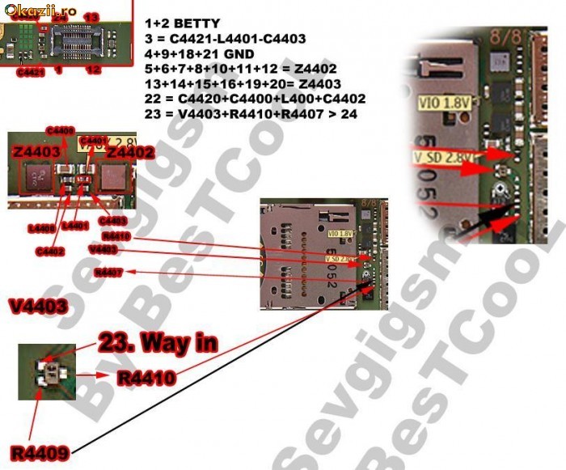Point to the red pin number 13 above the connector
pyautogui.click(x=91, y=17)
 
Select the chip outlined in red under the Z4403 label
pyautogui.click(x=36, y=177)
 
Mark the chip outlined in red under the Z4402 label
pyautogui.click(x=115, y=177)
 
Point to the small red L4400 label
pyautogui.click(x=42, y=229)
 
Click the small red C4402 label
pyautogui.click(x=49, y=251)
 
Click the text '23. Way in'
pyautogui.click(x=158, y=343)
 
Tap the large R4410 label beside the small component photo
pyautogui.click(x=146, y=377)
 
